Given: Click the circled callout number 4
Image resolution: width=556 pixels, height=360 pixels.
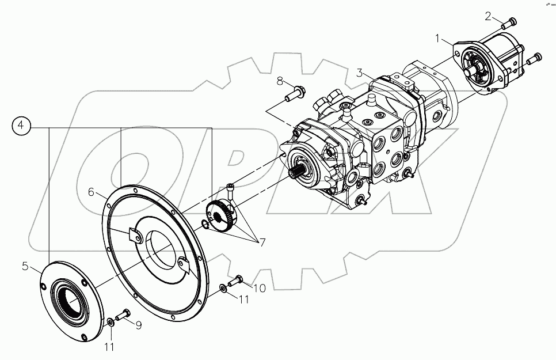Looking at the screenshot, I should point(21,126).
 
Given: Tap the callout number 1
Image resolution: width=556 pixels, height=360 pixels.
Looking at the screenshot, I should point(439,39).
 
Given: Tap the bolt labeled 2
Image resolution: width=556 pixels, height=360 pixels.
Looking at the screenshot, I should point(507,24).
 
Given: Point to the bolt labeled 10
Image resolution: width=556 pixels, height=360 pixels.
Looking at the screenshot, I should point(237,282).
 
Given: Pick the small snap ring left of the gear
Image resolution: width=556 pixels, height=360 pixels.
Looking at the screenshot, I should point(205,223).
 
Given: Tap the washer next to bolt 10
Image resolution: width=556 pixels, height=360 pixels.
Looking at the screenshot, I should point(223,287).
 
